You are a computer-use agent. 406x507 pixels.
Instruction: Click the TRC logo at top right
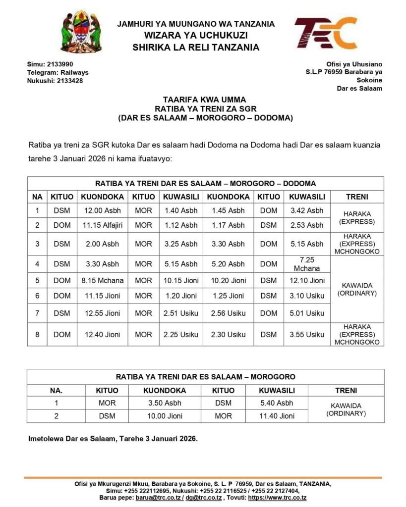(x=325, y=33)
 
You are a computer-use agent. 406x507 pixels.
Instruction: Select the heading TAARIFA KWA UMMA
(x=205, y=99)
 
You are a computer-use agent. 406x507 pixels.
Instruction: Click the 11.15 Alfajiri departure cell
(x=103, y=225)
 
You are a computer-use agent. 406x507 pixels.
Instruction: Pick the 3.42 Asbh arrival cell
(x=307, y=210)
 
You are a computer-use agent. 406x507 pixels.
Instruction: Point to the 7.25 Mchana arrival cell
(x=307, y=264)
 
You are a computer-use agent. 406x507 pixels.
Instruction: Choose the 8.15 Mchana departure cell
(x=103, y=280)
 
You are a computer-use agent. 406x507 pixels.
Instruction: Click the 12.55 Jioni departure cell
(x=103, y=313)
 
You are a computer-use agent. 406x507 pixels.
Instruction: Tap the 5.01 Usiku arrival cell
(x=307, y=313)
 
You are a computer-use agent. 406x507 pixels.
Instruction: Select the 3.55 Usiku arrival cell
(x=307, y=335)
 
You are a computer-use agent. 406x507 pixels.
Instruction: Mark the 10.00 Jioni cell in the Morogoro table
(x=165, y=416)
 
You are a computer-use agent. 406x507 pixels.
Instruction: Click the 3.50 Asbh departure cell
(x=165, y=403)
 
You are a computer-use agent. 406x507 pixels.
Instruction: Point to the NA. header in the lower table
(x=56, y=390)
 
